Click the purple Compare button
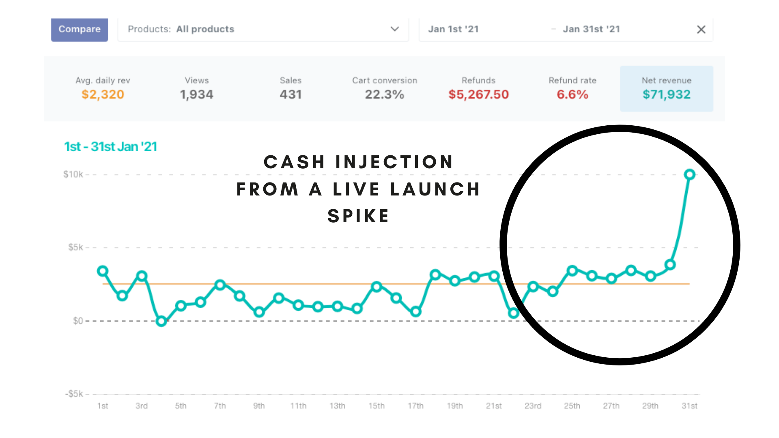[x=80, y=30]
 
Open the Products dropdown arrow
[x=395, y=29]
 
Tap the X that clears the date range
[x=701, y=29]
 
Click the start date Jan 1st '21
[x=454, y=29]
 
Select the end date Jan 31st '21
[x=591, y=29]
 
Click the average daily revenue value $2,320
[x=103, y=94]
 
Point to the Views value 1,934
[x=197, y=94]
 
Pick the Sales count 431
[x=291, y=94]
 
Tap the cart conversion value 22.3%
[x=385, y=94]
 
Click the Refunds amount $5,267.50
[x=479, y=94]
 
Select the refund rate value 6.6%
[x=572, y=94]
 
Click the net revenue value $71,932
[x=667, y=94]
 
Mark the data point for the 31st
[x=690, y=175]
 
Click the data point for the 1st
[x=103, y=271]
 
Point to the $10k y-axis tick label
[x=73, y=174]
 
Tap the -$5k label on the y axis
[x=74, y=394]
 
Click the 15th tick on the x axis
[x=377, y=406]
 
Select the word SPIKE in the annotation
[x=358, y=216]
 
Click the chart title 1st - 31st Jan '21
[x=110, y=147]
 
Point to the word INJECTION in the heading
[x=394, y=162]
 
